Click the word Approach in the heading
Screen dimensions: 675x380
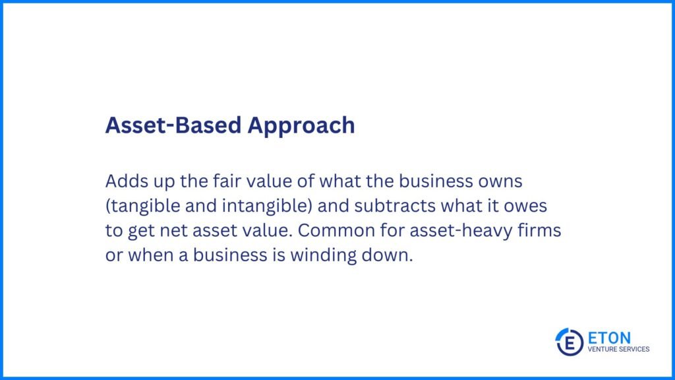301,126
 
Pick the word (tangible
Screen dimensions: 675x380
142,206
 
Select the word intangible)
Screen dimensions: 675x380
267,206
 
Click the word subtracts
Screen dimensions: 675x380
395,206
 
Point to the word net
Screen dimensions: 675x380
173,231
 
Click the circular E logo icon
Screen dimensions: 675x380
569,342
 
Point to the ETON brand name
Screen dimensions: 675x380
609,338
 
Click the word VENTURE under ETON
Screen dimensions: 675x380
601,350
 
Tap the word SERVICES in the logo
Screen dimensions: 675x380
632,350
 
